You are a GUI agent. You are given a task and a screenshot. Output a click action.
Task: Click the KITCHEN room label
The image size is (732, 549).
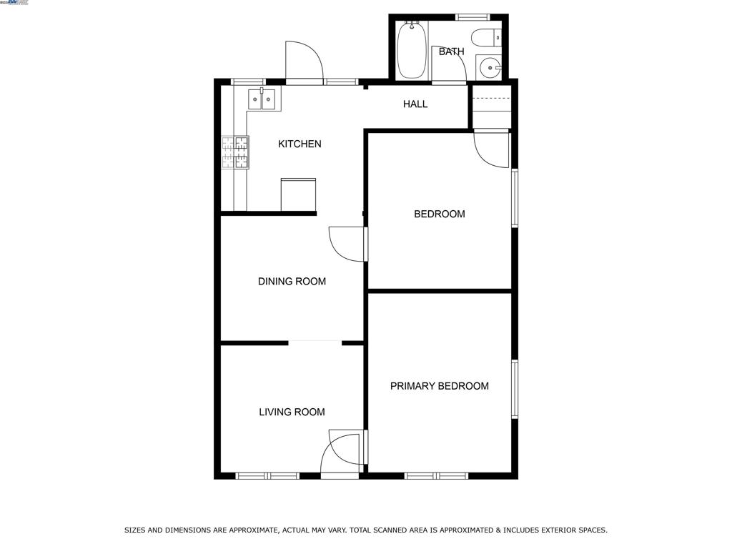(x=300, y=144)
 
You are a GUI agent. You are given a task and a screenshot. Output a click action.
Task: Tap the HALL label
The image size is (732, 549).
(x=415, y=104)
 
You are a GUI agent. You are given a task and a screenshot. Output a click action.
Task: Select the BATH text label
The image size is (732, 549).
(x=451, y=51)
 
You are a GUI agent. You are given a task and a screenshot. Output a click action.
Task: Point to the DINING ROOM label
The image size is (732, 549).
(x=292, y=282)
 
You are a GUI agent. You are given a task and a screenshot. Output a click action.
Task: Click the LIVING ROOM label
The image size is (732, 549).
(x=292, y=412)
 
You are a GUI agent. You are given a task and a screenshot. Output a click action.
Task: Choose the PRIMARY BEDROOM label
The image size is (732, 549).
(x=439, y=386)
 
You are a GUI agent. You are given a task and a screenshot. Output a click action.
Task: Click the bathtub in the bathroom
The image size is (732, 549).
(x=411, y=50)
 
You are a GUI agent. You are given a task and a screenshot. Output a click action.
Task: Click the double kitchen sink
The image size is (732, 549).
(x=262, y=99)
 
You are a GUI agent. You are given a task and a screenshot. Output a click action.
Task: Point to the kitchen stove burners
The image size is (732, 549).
(x=235, y=152)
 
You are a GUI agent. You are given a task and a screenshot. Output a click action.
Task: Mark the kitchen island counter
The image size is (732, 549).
(x=298, y=194)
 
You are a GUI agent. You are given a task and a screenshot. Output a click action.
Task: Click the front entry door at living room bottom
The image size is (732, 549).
(x=341, y=453)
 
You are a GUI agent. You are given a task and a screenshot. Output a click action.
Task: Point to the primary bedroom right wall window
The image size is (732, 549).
(x=514, y=389)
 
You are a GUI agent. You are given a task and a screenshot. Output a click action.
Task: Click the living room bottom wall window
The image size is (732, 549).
(x=267, y=475)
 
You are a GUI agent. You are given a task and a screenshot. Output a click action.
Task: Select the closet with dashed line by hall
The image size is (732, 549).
(x=491, y=107)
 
